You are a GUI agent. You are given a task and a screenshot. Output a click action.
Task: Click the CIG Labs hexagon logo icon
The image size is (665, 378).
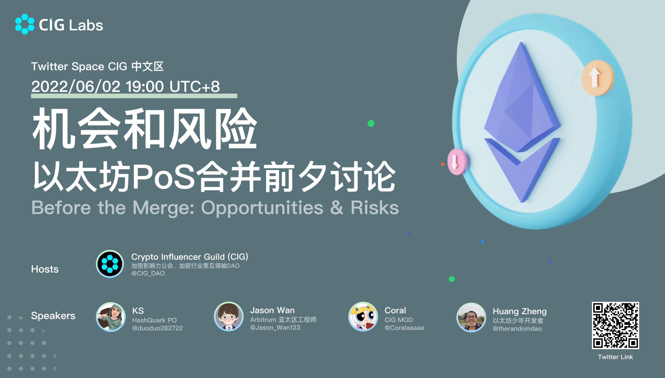(x=25, y=24)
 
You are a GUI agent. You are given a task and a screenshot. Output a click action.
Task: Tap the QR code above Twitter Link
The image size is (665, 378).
(x=615, y=325)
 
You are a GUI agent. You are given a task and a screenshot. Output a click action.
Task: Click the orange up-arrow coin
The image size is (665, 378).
(x=597, y=78)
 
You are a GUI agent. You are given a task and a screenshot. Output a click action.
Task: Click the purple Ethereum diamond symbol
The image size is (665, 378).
(x=522, y=122)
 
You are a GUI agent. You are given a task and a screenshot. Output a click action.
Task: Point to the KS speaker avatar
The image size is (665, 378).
(x=111, y=317)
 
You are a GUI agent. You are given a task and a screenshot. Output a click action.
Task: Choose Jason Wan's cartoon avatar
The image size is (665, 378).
(x=229, y=317)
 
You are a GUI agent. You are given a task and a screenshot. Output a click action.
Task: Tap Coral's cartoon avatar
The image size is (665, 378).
(x=363, y=317)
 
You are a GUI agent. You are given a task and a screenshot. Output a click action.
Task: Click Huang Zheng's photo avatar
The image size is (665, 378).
(x=471, y=317)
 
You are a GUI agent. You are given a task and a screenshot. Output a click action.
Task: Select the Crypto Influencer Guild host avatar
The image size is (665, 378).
(x=110, y=264)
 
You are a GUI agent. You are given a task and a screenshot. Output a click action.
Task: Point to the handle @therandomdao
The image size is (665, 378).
(x=517, y=329)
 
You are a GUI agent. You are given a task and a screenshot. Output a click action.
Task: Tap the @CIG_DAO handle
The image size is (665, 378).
(x=148, y=273)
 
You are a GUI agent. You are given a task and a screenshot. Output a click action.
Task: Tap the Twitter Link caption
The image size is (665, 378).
(x=615, y=357)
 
